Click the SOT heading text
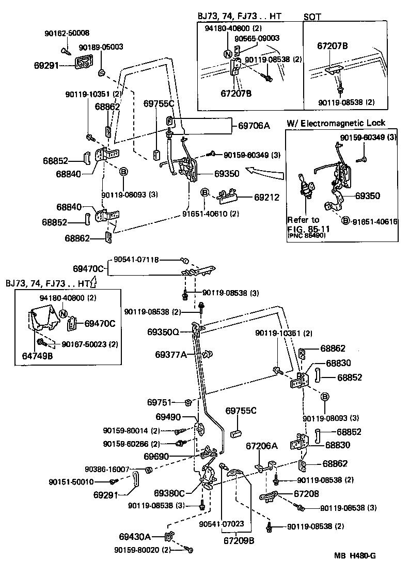pos(311,17)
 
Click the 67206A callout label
pos(261,446)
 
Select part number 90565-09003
pos(257,38)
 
